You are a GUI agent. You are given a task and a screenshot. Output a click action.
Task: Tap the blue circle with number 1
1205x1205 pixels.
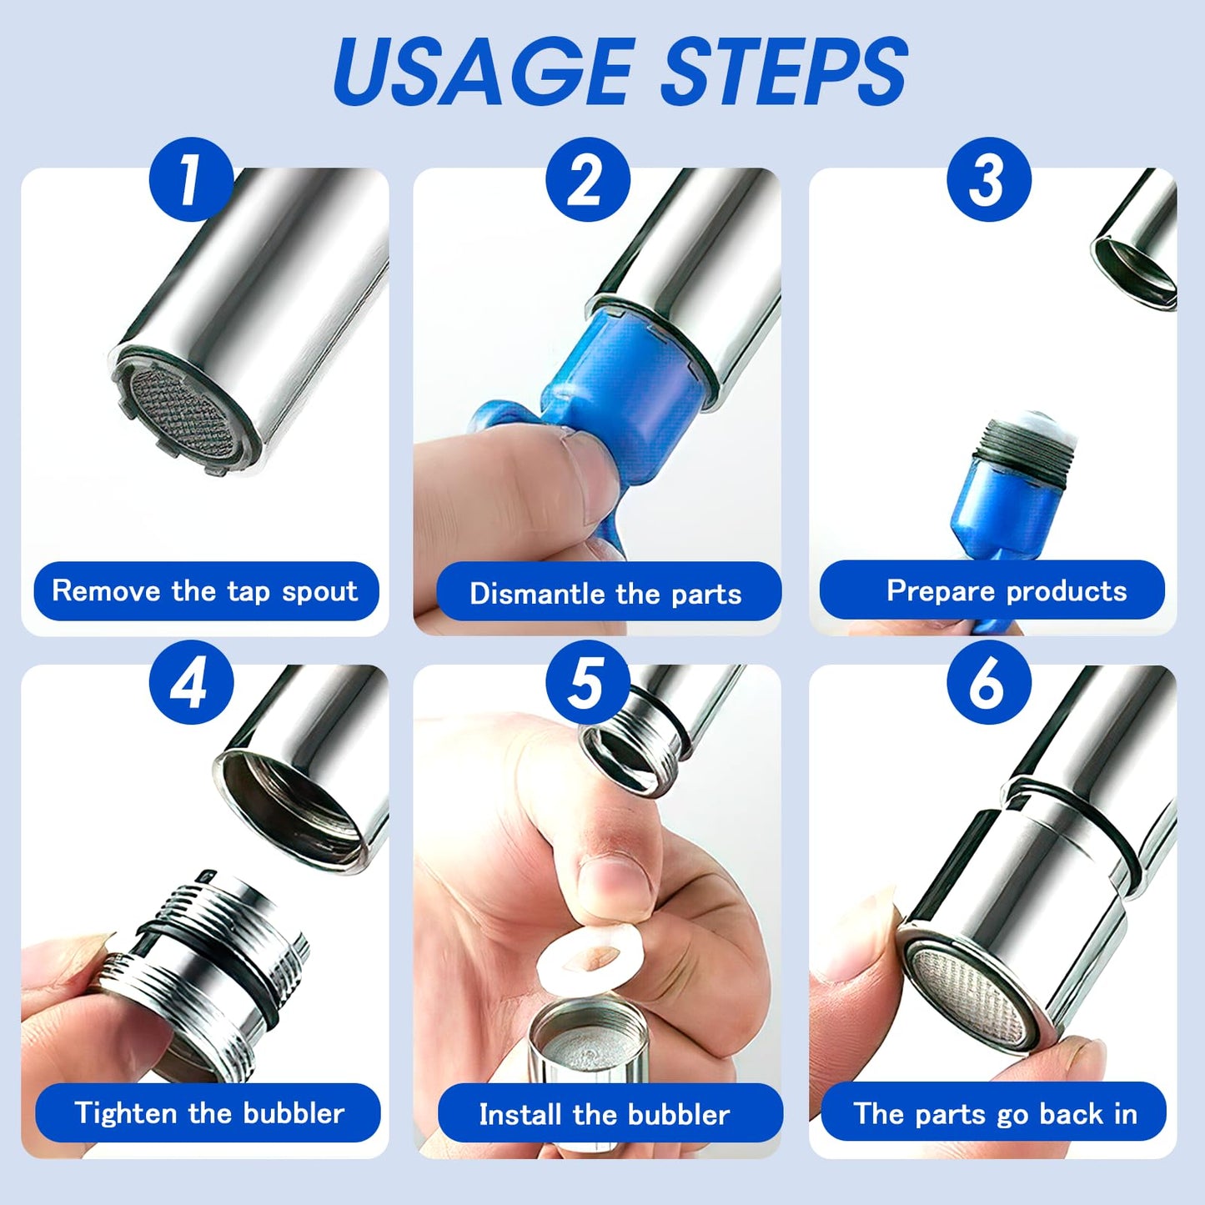tap(191, 179)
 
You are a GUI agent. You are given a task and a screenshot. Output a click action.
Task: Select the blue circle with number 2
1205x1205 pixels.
tap(587, 179)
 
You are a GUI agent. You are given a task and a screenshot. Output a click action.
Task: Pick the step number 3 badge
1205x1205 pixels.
tap(988, 179)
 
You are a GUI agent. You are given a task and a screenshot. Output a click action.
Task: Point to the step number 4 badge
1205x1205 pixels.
tap(191, 682)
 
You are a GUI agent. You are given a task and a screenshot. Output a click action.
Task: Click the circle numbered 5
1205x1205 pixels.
tap(587, 682)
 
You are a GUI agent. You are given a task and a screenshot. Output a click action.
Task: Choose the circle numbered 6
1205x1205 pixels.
tap(988, 682)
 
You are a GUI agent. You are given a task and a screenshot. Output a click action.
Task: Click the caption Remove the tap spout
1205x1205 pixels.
tap(206, 591)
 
